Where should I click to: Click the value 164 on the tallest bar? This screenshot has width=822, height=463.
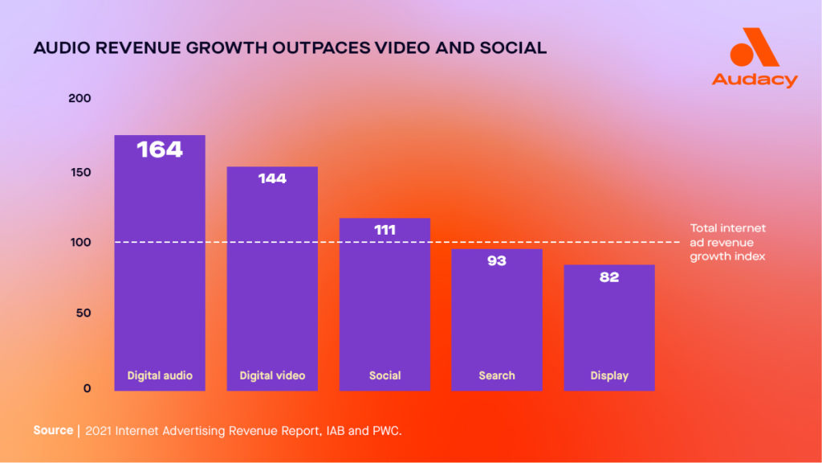tap(160, 150)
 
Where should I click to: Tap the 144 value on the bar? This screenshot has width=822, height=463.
tap(272, 178)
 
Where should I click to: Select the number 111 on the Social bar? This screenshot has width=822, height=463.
tap(385, 230)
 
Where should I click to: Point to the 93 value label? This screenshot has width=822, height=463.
tap(497, 261)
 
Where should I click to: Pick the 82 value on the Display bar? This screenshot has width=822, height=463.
tap(609, 277)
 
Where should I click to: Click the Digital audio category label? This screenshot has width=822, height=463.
tap(160, 376)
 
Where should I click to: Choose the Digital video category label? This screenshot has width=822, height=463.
tap(272, 376)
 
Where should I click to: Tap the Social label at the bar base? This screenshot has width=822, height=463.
tap(385, 376)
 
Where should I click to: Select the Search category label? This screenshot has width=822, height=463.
tap(497, 376)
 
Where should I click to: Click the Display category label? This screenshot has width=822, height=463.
tap(609, 376)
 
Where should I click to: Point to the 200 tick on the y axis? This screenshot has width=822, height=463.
tap(79, 98)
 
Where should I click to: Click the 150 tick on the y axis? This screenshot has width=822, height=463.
tap(81, 173)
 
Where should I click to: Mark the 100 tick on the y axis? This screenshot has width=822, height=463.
tap(81, 243)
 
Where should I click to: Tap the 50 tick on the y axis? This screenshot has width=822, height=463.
tap(83, 313)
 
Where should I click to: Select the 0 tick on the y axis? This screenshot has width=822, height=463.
tap(87, 388)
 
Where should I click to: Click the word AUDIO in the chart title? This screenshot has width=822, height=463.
tap(61, 48)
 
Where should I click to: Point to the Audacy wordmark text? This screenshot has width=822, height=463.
tap(755, 80)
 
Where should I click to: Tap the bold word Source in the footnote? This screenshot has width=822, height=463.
tap(53, 431)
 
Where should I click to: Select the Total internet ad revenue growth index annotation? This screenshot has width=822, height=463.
tap(727, 243)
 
